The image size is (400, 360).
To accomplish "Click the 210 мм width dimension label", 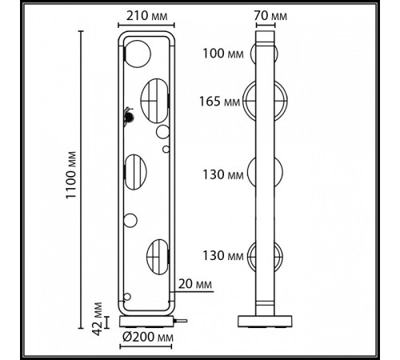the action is [x=146, y=16].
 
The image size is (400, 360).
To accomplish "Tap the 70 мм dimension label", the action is [x=270, y=16].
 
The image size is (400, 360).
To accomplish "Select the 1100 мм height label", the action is [x=71, y=175].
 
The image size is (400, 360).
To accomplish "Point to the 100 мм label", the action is [x=223, y=54].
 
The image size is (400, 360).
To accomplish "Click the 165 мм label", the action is [x=220, y=102].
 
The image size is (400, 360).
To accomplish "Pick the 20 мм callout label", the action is [x=195, y=284].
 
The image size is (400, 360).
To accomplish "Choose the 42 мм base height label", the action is [x=98, y=318].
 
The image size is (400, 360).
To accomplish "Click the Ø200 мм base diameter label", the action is [x=148, y=338].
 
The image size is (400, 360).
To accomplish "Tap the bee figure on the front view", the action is [x=129, y=116].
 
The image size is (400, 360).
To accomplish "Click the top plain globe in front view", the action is [x=138, y=54].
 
